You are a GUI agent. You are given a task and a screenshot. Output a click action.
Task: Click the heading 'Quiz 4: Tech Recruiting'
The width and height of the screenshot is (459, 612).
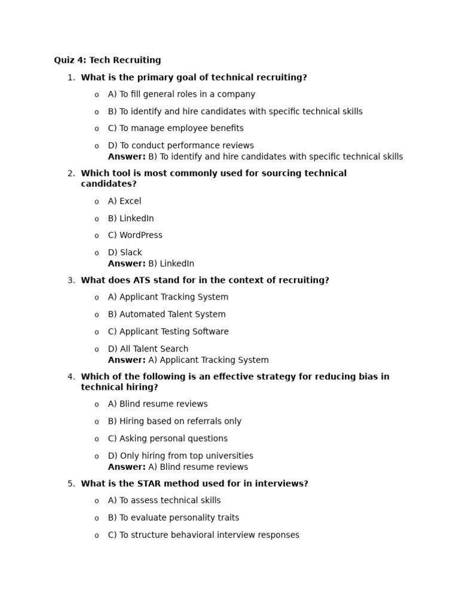click(x=108, y=60)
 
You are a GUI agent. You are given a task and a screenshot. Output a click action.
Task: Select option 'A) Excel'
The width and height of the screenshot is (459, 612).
click(x=124, y=201)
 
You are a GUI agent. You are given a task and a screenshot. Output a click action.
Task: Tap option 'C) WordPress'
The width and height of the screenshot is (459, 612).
click(x=135, y=235)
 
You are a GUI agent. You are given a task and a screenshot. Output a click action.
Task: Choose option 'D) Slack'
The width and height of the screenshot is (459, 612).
click(x=125, y=253)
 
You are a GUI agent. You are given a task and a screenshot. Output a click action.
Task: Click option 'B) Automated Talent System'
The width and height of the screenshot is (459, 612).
click(x=167, y=314)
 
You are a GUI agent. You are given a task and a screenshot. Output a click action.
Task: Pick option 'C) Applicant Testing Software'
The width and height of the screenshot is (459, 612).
click(x=168, y=332)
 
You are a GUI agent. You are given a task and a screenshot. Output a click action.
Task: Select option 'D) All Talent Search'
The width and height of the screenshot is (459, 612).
click(x=148, y=349)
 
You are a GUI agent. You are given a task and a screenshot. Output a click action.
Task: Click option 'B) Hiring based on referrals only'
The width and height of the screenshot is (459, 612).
click(x=175, y=421)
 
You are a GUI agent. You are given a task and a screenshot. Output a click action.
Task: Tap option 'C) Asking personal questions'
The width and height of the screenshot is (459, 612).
click(x=167, y=439)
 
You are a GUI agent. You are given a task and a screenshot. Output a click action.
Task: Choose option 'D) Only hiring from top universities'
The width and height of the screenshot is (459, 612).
click(x=180, y=456)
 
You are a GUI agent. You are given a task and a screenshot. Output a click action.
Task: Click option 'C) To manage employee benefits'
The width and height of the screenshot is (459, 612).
click(x=176, y=128)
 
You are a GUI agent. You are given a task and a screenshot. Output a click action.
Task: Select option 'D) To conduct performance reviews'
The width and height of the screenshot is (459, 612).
click(x=180, y=146)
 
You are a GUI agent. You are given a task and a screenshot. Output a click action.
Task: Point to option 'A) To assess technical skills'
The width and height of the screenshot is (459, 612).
click(x=164, y=501)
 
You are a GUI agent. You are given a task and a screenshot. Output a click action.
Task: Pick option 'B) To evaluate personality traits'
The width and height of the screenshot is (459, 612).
click(x=173, y=518)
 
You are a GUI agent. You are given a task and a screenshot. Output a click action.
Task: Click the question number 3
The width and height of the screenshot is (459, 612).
click(x=71, y=280)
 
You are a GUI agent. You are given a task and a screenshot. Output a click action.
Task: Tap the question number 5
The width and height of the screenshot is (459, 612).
click(x=71, y=484)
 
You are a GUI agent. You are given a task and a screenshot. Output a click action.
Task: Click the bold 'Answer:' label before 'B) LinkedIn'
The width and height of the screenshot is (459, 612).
click(x=127, y=264)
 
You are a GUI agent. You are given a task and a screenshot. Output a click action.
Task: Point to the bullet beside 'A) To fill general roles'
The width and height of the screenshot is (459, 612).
click(x=97, y=95)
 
